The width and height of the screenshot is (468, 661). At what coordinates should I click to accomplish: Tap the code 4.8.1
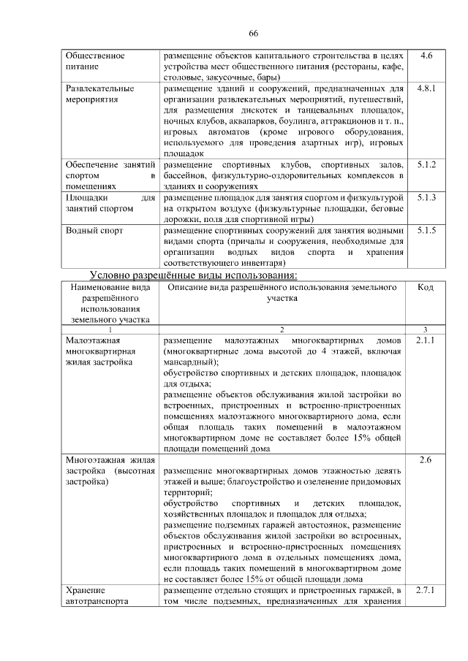click(x=426, y=88)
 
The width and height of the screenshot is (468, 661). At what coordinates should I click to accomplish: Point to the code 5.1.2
click(x=426, y=165)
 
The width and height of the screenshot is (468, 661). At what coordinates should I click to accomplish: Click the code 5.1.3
click(x=426, y=198)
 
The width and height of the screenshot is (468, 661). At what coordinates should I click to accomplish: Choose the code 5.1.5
click(x=426, y=230)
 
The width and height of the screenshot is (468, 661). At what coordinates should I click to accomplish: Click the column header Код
click(x=426, y=287)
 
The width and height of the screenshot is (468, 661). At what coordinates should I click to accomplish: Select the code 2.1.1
click(x=426, y=340)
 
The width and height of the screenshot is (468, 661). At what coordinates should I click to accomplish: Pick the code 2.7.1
click(x=426, y=590)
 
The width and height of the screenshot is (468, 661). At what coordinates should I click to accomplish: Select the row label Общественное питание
click(x=94, y=61)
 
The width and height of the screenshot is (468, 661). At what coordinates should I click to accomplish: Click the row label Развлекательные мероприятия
click(x=99, y=94)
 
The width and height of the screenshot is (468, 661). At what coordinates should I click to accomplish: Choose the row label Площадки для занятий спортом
click(x=110, y=203)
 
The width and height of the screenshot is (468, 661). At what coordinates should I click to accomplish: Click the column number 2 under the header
click(x=282, y=330)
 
